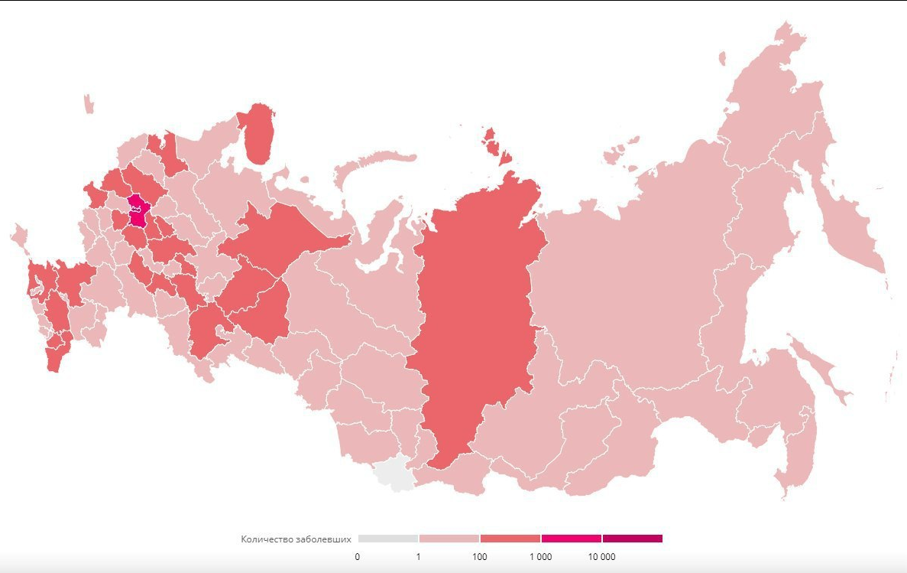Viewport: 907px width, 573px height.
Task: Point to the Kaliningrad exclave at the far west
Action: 89,103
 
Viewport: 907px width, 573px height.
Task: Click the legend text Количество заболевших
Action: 296,539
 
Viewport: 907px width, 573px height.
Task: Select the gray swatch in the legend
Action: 388,539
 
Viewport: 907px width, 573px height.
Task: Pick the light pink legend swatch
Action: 449,539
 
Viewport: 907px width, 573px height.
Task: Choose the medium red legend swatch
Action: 510,539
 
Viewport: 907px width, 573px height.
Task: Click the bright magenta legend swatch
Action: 571,539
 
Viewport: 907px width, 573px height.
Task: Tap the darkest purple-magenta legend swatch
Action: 633,539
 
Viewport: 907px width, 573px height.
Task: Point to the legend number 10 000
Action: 601,557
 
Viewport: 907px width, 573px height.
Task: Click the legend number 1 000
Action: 540,557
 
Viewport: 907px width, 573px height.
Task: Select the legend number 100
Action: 479,557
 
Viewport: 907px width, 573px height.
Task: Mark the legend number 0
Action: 358,557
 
